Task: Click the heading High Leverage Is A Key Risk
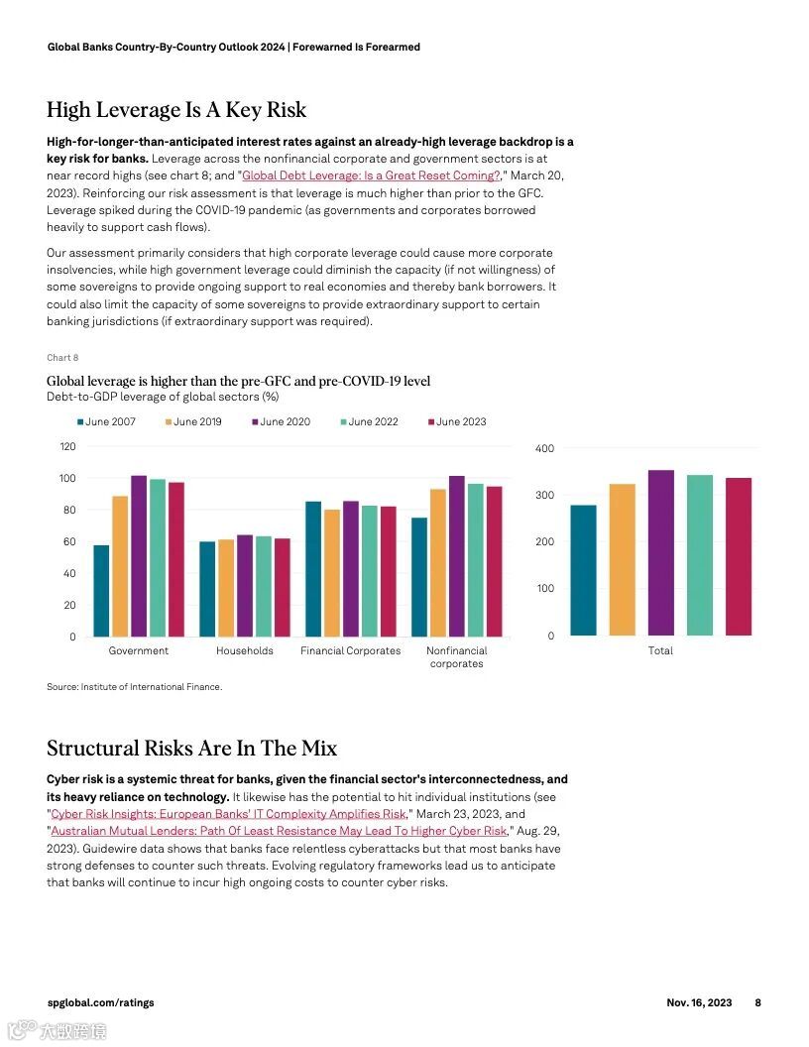tap(176, 110)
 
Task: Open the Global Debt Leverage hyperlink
tap(371, 175)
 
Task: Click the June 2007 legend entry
tap(107, 421)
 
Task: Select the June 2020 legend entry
tap(282, 421)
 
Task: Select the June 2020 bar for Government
tap(139, 555)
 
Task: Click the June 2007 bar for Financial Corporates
tap(313, 569)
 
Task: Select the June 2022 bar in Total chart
tap(700, 555)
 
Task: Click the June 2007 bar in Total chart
tap(584, 570)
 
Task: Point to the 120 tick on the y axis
tap(67, 447)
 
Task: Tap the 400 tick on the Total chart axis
tap(544, 449)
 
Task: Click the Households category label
tap(245, 651)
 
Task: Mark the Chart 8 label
tap(62, 358)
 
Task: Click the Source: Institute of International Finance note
tap(135, 686)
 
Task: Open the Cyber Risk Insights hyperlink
tap(228, 814)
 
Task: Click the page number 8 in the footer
tap(758, 1002)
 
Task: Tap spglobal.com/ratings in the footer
tap(101, 1002)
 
